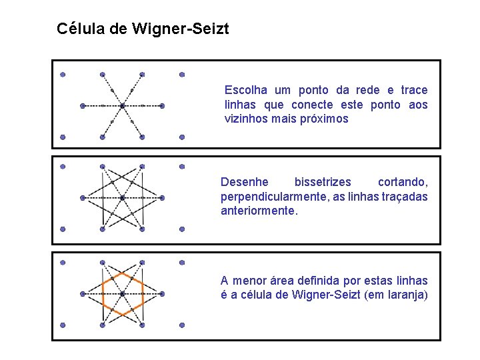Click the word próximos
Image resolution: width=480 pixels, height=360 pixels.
click(322, 119)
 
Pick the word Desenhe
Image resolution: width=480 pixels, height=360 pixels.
click(245, 182)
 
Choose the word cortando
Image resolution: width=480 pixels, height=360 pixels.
click(403, 182)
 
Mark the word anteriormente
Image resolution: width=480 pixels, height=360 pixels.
click(259, 211)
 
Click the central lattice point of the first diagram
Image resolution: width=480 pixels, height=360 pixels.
click(122, 105)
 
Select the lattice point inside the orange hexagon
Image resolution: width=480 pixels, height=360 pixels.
click(122, 293)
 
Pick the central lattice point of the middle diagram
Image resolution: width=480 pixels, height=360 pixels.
click(122, 197)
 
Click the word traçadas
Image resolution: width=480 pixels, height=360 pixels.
click(402, 197)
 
